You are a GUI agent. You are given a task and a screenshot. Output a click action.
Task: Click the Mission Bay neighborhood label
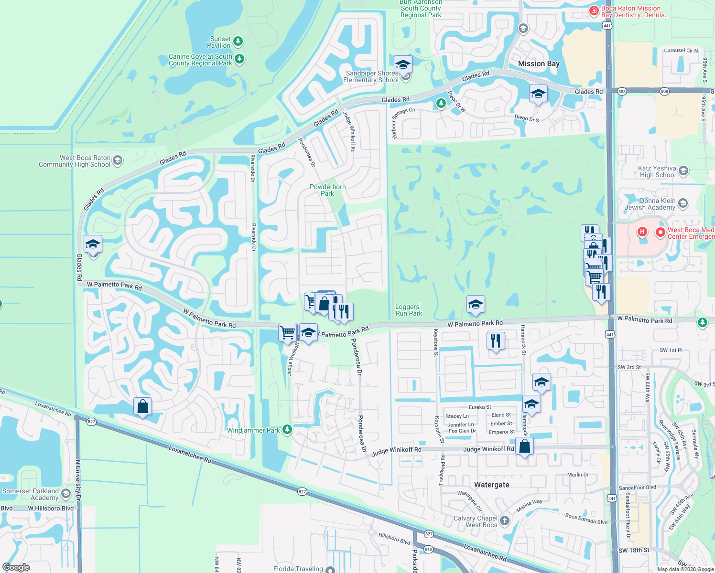(539, 64)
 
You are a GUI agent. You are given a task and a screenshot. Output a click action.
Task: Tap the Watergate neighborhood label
(491, 485)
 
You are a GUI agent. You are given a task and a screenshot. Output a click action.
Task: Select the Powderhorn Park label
(327, 190)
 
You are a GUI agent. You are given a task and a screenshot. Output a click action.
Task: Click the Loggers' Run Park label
(409, 310)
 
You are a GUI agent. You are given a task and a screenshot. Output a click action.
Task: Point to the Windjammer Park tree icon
(287, 430)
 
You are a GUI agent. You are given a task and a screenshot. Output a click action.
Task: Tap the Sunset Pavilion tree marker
(238, 42)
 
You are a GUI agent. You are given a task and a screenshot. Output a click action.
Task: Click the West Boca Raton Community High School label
(75, 161)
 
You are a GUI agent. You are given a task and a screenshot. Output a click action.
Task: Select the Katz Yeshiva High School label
(658, 171)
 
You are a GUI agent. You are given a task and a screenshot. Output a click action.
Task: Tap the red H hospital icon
(642, 232)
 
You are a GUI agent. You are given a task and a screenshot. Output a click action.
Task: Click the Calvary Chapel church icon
(505, 520)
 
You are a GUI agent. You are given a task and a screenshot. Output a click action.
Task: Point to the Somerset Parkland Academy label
(31, 494)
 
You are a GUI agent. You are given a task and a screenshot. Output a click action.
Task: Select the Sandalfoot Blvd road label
(637, 488)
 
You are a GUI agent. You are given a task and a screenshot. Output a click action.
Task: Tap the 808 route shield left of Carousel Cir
(621, 91)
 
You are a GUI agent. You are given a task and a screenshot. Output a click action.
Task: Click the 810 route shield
(428, 549)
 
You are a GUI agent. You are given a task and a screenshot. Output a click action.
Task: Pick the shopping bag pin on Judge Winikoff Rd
(524, 446)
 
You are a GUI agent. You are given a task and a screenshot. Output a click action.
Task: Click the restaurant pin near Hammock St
(496, 341)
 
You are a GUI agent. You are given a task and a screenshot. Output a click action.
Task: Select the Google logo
(16, 567)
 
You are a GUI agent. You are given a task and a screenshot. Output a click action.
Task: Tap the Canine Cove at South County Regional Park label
(200, 60)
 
